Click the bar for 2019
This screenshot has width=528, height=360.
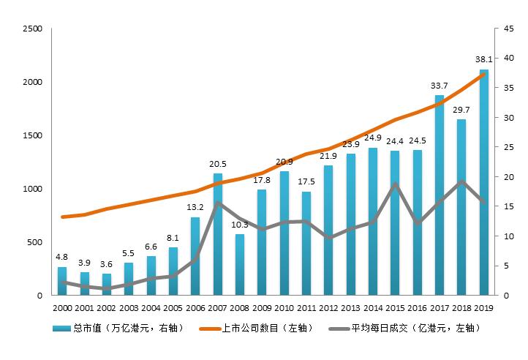pyautogui.click(x=483, y=183)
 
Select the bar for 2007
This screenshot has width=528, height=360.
pyautogui.click(x=217, y=234)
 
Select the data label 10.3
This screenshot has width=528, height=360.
pyautogui.click(x=240, y=225)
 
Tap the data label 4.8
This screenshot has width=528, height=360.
pyautogui.click(x=62, y=257)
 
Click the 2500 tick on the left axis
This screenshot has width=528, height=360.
pyautogui.click(x=32, y=29)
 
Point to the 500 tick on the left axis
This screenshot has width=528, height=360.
pyautogui.click(x=35, y=242)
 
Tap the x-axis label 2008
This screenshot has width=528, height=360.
pyautogui.click(x=240, y=308)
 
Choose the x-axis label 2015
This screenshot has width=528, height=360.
pyautogui.click(x=395, y=308)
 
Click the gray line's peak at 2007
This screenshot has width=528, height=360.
pyautogui.click(x=217, y=203)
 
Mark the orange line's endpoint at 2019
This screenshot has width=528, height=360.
pyautogui.click(x=483, y=74)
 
